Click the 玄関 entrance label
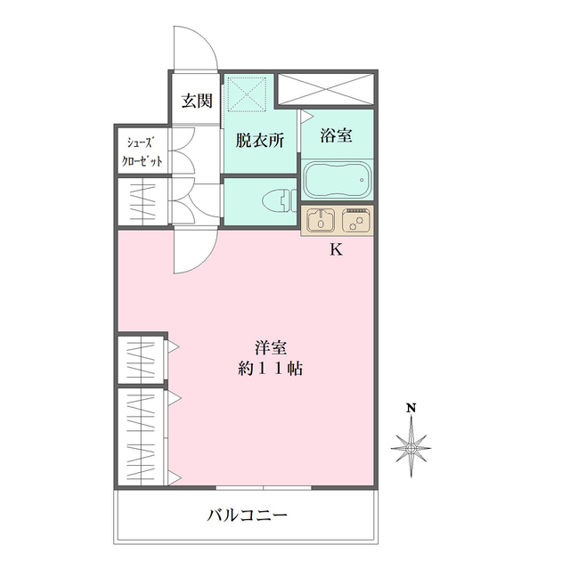(197, 101)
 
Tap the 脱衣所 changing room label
(260, 141)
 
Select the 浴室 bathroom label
(337, 135)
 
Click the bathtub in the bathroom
(338, 179)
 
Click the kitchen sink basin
(321, 220)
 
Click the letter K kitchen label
(336, 249)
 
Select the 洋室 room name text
(271, 348)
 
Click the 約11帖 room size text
(271, 369)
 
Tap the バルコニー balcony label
(248, 515)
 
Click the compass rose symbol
(411, 448)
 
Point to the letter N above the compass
(411, 408)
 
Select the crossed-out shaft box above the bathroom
(326, 88)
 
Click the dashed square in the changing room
(248, 94)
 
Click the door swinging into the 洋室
(195, 249)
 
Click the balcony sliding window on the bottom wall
(264, 487)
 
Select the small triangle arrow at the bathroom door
(306, 116)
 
